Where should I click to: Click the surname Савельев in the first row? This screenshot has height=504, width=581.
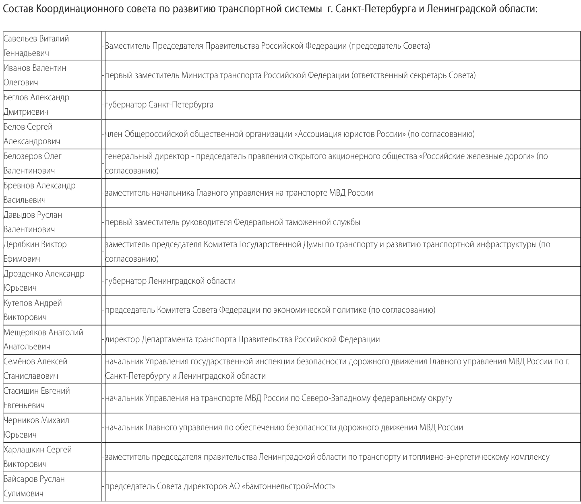pyautogui.click(x=20, y=39)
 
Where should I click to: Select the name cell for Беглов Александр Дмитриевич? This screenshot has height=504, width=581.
pyautogui.click(x=36, y=105)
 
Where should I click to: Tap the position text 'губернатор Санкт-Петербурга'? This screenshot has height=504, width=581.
pyautogui.click(x=159, y=105)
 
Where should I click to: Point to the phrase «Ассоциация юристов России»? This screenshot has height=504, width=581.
pyautogui.click(x=350, y=134)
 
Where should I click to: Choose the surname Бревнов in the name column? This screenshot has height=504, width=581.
pyautogui.click(x=19, y=186)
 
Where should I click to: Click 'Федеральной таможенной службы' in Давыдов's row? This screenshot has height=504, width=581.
pyautogui.click(x=297, y=222)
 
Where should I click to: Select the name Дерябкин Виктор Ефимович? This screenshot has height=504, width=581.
pyautogui.click(x=35, y=251)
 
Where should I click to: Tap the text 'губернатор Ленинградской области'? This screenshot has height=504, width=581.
pyautogui.click(x=170, y=281)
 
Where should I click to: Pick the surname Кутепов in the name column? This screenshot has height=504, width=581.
pyautogui.click(x=18, y=303)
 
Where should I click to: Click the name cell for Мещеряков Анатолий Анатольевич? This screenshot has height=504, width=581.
pyautogui.click(x=43, y=339)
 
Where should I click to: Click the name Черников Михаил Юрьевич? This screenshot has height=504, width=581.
pyautogui.click(x=36, y=427)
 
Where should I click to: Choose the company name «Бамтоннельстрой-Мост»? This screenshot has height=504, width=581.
pyautogui.click(x=288, y=486)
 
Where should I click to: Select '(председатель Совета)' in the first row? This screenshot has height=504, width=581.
pyautogui.click(x=390, y=46)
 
